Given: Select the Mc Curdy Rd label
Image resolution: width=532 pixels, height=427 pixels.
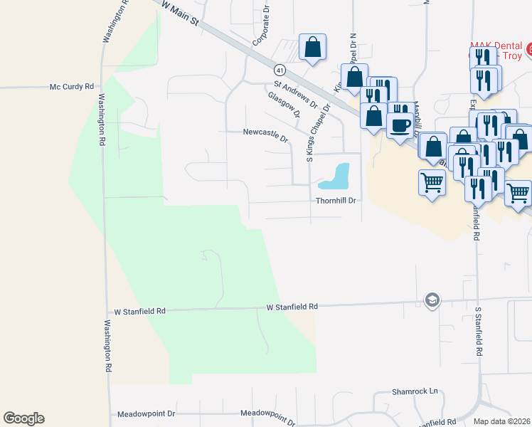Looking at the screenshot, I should pos(71,87).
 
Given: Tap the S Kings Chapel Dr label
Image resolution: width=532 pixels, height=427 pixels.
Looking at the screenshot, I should pos(318,133).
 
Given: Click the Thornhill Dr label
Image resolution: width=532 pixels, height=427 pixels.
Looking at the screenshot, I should pos(336,201).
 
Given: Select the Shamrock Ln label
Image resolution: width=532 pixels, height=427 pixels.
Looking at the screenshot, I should pos(415,392).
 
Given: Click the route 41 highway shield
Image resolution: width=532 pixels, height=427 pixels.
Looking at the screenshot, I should pos(280,70).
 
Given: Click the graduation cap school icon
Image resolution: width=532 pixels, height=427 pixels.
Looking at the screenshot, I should pos(431,300).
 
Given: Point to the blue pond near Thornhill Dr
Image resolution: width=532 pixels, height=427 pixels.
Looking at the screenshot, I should pos(336,175).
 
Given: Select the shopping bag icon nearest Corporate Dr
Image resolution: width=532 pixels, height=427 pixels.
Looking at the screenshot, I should pos(312,48).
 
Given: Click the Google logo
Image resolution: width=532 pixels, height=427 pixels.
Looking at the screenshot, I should pos(23,418).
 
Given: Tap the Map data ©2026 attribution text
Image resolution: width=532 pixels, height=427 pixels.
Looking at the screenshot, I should pos(502,421).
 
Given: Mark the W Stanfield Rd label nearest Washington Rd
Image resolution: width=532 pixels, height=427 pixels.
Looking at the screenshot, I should pos(139,312).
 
